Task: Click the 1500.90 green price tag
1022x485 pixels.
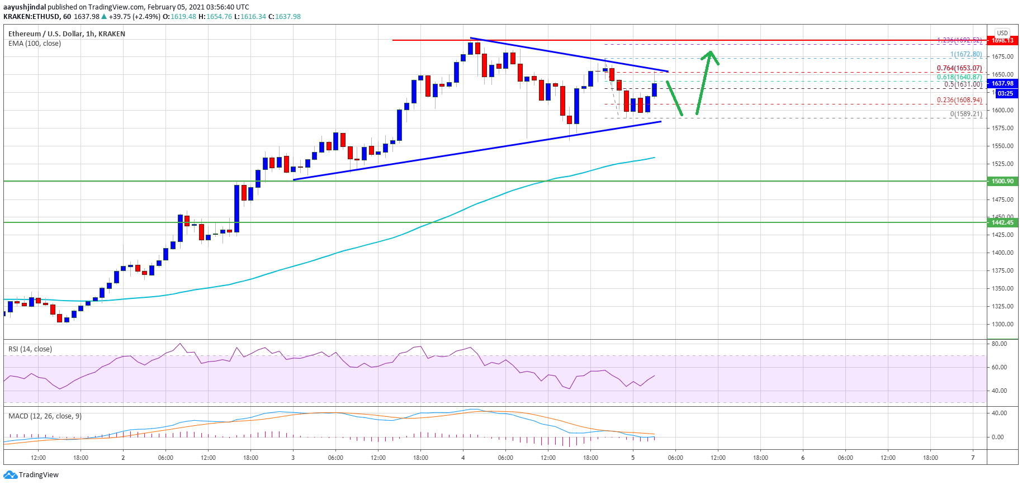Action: click(1002, 181)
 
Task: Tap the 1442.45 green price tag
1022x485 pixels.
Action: click(1002, 222)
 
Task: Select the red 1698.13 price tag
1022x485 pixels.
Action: click(1002, 40)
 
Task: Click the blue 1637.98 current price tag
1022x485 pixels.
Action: click(1002, 83)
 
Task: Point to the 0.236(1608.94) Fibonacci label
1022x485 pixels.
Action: click(959, 100)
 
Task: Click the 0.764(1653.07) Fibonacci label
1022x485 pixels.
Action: click(959, 68)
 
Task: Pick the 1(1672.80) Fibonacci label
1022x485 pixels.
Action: click(966, 54)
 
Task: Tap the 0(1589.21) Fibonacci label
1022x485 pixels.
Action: click(966, 114)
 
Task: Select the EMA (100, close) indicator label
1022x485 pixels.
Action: click(35, 44)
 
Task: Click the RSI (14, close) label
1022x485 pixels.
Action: click(30, 349)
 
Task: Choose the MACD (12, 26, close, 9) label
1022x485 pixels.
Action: click(45, 416)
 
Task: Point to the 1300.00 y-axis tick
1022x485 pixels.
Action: click(1002, 324)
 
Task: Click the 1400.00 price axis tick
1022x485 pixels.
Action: click(1002, 253)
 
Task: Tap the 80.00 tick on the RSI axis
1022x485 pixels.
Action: click(999, 344)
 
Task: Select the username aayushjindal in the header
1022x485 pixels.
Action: click(25, 7)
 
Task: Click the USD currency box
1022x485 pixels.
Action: click(1002, 33)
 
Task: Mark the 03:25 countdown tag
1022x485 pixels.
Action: click(1005, 93)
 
